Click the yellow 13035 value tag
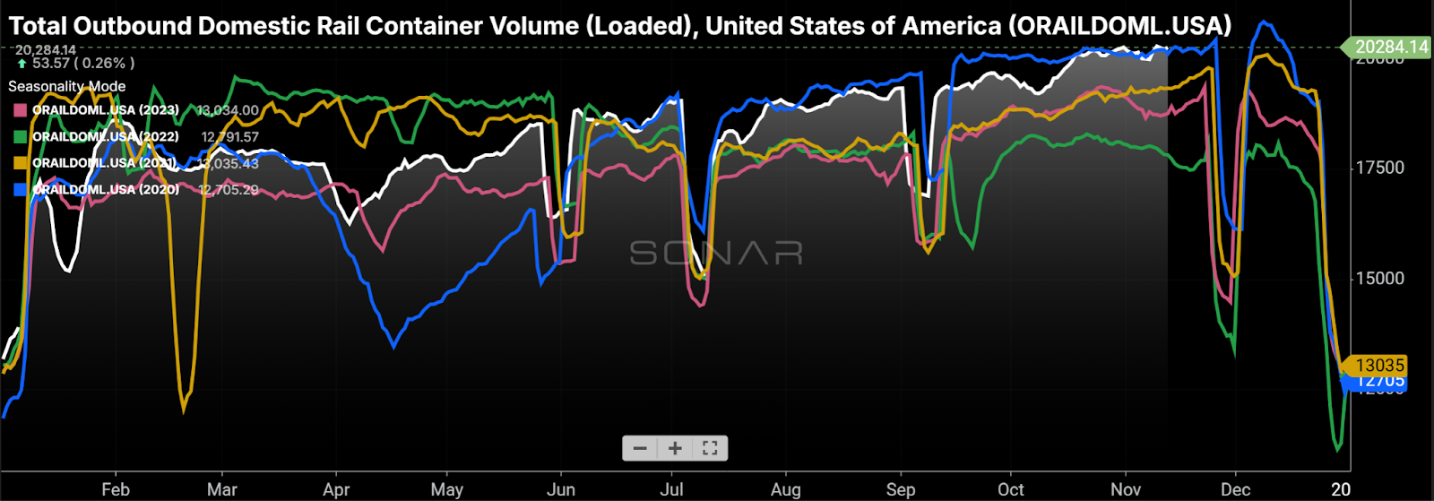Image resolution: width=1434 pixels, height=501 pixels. coord(1379,365)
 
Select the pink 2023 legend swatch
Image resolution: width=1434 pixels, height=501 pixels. coord(20,110)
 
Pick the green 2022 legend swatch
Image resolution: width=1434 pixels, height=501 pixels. coord(20,137)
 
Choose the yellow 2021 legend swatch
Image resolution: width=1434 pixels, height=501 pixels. coord(20,163)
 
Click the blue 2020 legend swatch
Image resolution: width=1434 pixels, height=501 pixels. coord(20,190)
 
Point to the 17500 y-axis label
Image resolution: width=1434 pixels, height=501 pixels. coord(1378,168)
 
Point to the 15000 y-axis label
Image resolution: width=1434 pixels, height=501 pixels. coord(1378,279)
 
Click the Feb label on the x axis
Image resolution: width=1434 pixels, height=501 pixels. coord(116,489)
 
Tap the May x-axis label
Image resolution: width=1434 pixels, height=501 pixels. coord(446,489)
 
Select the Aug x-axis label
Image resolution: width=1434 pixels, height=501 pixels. coord(785,489)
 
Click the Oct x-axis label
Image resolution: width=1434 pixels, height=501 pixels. coord(1010,489)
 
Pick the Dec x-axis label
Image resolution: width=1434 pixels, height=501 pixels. coord(1236,489)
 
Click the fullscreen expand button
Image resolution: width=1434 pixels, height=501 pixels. coord(710,448)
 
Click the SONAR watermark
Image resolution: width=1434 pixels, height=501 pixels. coord(716,254)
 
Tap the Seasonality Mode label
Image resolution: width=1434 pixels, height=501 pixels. coord(67,86)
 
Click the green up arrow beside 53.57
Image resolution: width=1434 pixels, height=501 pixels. coord(22,64)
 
